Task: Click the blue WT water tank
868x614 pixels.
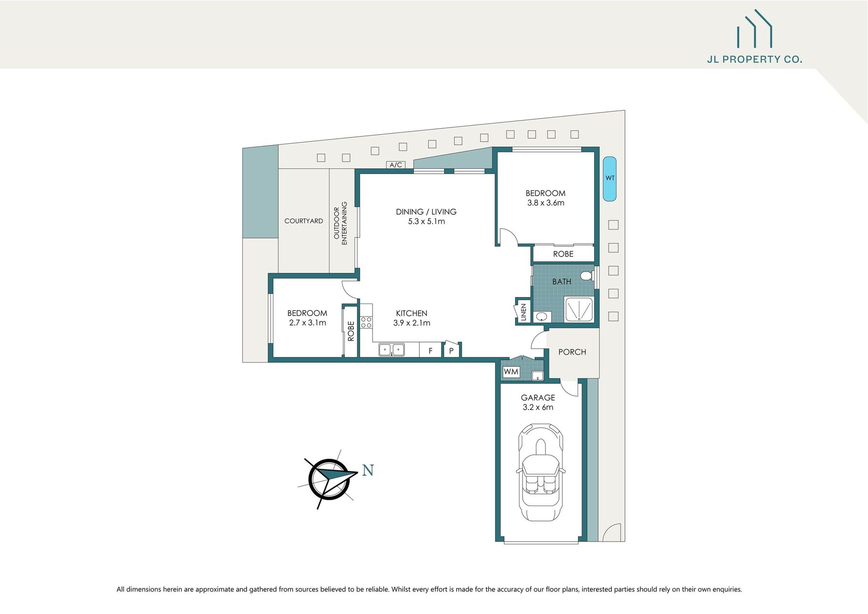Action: tap(610, 178)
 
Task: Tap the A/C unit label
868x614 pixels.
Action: tap(396, 165)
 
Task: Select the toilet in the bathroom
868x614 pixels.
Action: tap(587, 276)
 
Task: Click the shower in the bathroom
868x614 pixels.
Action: tap(578, 309)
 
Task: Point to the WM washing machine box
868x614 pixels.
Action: tap(511, 372)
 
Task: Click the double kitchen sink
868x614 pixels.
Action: tap(392, 350)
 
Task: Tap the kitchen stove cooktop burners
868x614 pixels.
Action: tap(366, 322)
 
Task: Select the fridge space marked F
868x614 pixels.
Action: tap(431, 351)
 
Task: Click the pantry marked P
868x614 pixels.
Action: tap(451, 351)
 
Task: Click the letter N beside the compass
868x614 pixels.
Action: tap(368, 470)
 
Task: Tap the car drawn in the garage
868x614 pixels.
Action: tap(541, 473)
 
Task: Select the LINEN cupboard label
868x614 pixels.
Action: tap(523, 312)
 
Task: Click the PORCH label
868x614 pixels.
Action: tap(572, 352)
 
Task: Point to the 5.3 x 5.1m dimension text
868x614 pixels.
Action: tap(426, 221)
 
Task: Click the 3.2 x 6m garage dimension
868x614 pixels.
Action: tap(538, 407)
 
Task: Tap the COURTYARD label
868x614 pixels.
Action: tap(303, 221)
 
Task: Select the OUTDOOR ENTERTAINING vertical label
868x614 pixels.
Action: tap(340, 223)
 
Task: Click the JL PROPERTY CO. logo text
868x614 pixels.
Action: tap(754, 59)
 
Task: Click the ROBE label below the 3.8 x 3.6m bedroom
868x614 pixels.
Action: tap(563, 254)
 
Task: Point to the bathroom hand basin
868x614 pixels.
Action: tap(542, 317)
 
